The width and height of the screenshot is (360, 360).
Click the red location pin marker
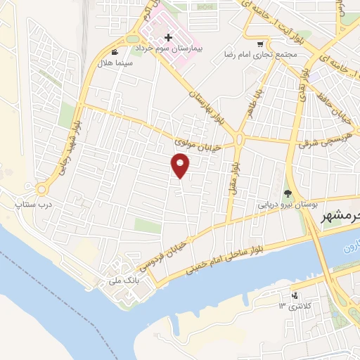point(181,165)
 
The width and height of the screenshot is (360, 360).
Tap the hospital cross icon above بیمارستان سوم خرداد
point(168,37)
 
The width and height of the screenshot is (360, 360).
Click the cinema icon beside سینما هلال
point(115,52)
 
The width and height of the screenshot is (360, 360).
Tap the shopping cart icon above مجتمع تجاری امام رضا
point(260,42)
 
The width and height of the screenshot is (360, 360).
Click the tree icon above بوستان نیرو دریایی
point(288,193)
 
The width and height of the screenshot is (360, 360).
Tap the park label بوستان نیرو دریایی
point(285,205)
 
